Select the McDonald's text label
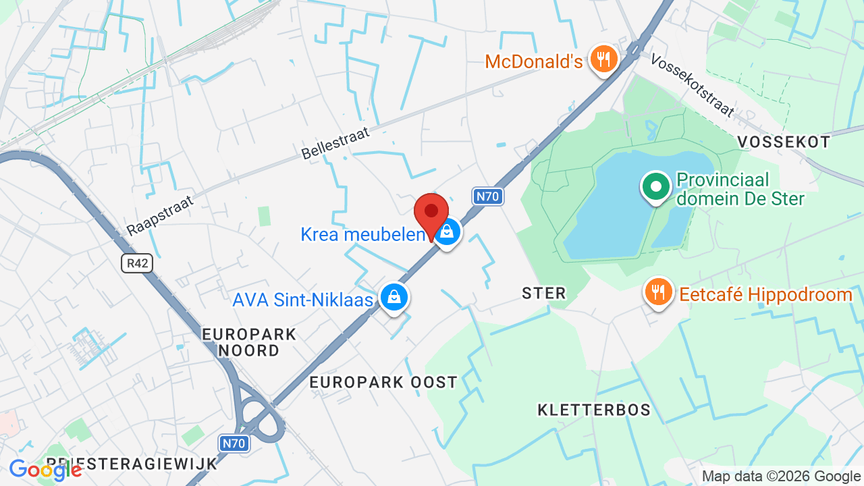[533, 62]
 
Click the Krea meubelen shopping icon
[446, 233]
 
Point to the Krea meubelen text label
[363, 234]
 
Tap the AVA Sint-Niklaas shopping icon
[394, 296]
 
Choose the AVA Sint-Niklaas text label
[302, 300]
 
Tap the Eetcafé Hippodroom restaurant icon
[657, 292]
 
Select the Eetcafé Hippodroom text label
[765, 295]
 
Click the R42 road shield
[137, 263]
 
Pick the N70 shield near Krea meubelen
[487, 196]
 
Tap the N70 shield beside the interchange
[234, 443]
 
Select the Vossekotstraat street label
[692, 85]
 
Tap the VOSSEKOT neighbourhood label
[783, 142]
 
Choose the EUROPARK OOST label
[383, 382]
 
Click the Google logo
[45, 470]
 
